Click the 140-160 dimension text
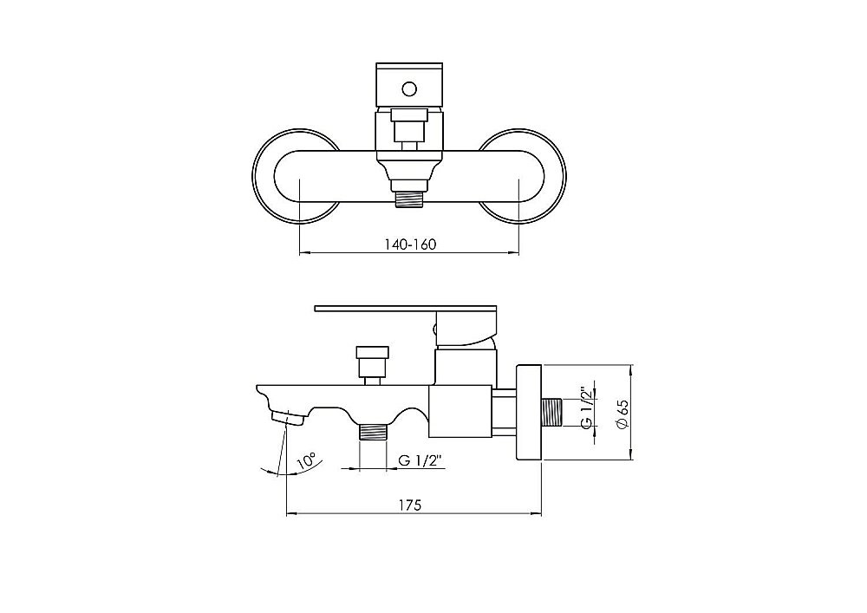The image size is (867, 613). pos(410,245)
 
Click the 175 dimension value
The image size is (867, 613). pos(410,505)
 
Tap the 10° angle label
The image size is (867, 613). pos(306,460)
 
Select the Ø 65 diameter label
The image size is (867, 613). pos(623,414)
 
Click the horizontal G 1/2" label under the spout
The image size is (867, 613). pos(421,460)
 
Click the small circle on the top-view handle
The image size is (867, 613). pos(409,88)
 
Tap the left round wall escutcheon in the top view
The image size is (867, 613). pos(296,178)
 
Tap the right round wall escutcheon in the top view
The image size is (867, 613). pos(521,178)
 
